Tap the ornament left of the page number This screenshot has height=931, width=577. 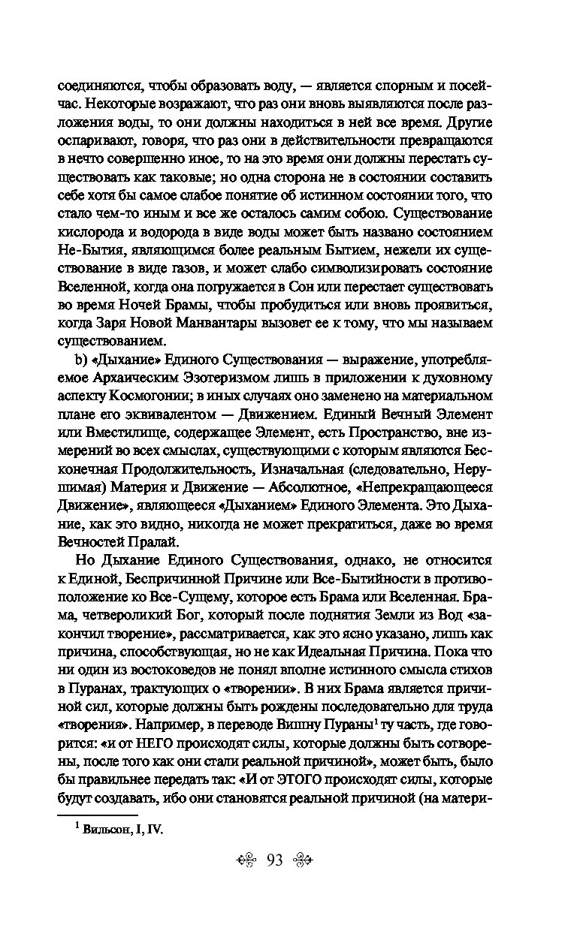pos(246,876)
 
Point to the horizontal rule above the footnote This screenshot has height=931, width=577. pos(98,814)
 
